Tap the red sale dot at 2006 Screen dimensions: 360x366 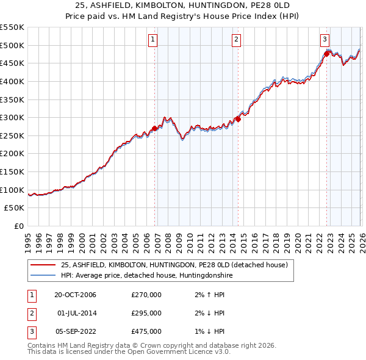point(155,128)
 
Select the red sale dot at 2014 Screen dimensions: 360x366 point(238,119)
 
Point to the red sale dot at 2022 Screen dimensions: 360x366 point(326,54)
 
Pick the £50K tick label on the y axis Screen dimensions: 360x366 point(15,208)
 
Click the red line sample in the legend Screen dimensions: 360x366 point(43,265)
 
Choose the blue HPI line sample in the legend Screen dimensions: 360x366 point(43,275)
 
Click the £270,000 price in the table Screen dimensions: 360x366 point(146,295)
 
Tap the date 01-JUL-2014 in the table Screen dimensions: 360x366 point(76,313)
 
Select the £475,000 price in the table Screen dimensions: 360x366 point(146,331)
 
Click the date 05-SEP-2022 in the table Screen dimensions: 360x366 point(76,331)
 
